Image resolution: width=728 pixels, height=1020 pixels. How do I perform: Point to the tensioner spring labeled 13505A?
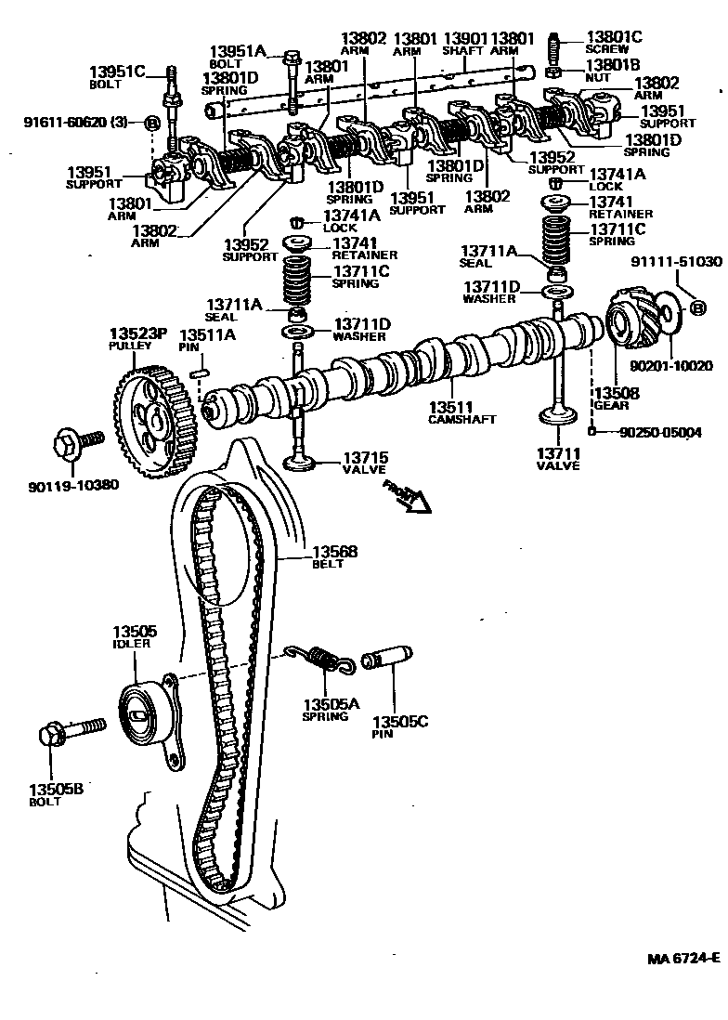[x=321, y=660]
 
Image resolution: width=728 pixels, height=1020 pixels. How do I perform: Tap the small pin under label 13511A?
[x=197, y=373]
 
